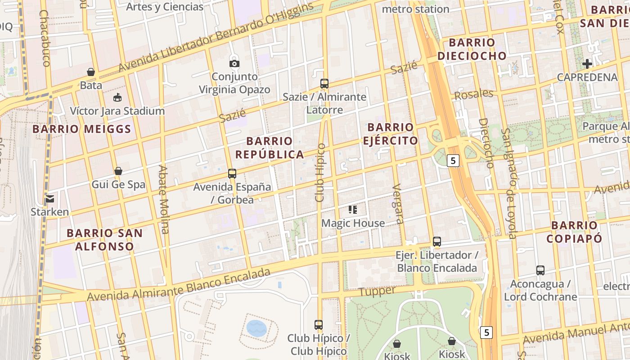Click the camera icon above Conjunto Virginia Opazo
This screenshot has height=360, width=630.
pyautogui.click(x=234, y=63)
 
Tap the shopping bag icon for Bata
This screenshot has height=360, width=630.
pyautogui.click(x=91, y=72)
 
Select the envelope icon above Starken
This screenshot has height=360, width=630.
pyautogui.click(x=49, y=198)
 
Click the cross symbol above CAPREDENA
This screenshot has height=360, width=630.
pyautogui.click(x=587, y=64)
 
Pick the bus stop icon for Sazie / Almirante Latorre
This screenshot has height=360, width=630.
pyautogui.click(x=324, y=83)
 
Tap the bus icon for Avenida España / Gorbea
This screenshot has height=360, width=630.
pyautogui.click(x=232, y=173)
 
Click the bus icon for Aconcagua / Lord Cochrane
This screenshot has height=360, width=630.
pyautogui.click(x=540, y=270)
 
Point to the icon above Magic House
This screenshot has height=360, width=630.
pyautogui.click(x=353, y=210)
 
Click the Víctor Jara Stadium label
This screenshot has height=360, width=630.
pyautogui.click(x=117, y=111)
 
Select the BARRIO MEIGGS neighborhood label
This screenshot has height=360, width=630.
pyautogui.click(x=82, y=130)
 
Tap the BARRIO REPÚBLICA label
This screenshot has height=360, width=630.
pyautogui.click(x=270, y=148)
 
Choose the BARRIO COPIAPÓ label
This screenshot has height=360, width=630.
pyautogui.click(x=574, y=232)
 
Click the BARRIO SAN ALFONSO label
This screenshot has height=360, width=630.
pyautogui.click(x=104, y=239)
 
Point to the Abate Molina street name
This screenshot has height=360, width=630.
pyautogui.click(x=163, y=199)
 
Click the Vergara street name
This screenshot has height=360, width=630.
pyautogui.click(x=398, y=203)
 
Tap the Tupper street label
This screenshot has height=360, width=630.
pyautogui.click(x=378, y=292)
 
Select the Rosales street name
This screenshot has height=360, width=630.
pyautogui.click(x=473, y=94)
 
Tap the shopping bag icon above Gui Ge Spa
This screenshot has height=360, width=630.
pyautogui.click(x=118, y=171)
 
